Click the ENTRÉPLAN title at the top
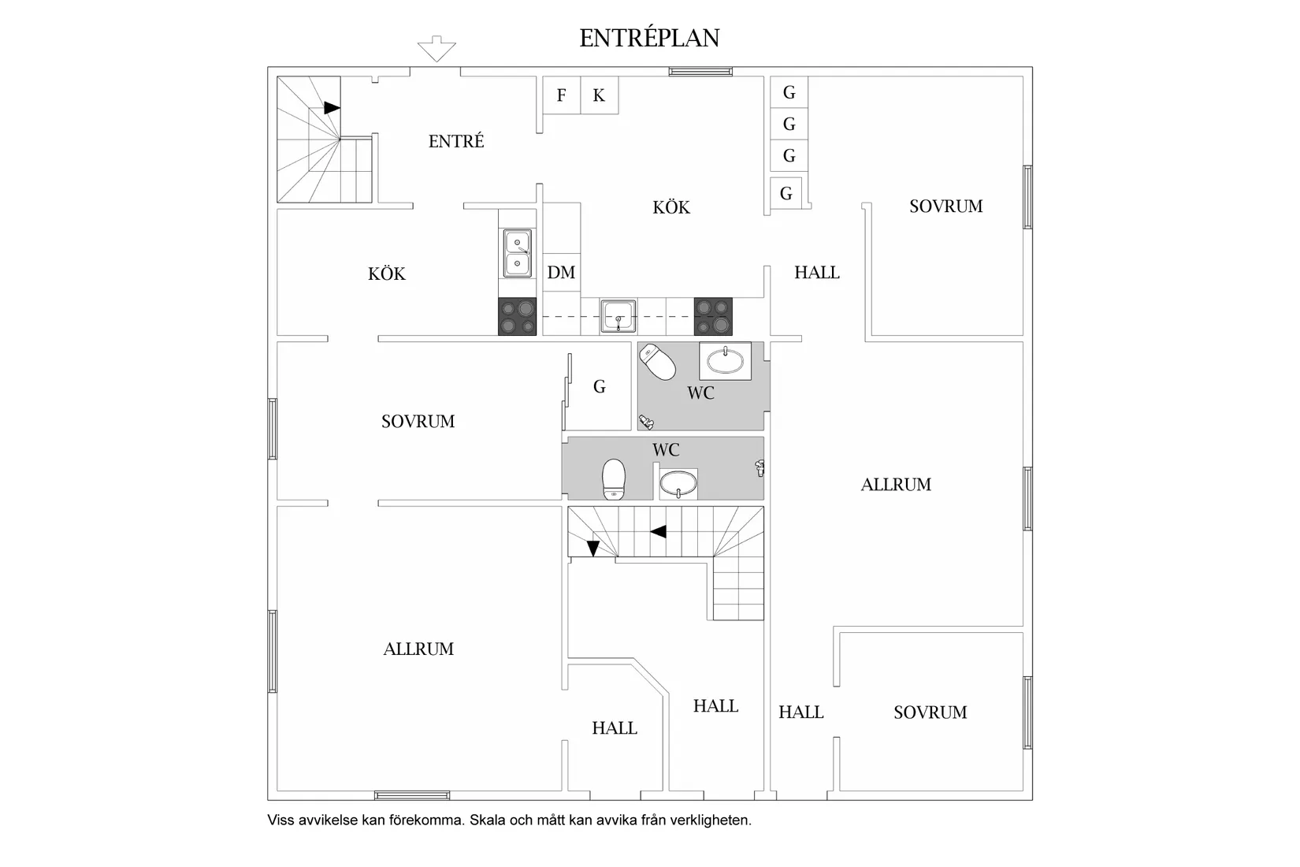[649, 39]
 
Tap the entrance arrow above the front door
[436, 49]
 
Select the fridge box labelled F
[561, 95]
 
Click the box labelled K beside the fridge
[599, 95]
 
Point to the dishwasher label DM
[561, 272]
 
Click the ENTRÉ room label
[456, 141]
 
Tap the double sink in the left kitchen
[517, 253]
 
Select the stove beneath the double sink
[517, 317]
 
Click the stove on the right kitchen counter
[713, 317]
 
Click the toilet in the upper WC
[658, 361]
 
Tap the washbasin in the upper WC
[725, 361]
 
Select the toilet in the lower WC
[614, 480]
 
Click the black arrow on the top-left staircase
[332, 107]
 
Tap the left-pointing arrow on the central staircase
[658, 531]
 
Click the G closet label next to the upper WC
[600, 386]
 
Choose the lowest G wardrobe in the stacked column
[786, 193]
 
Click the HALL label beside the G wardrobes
[817, 273]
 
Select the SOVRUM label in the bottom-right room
[930, 713]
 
